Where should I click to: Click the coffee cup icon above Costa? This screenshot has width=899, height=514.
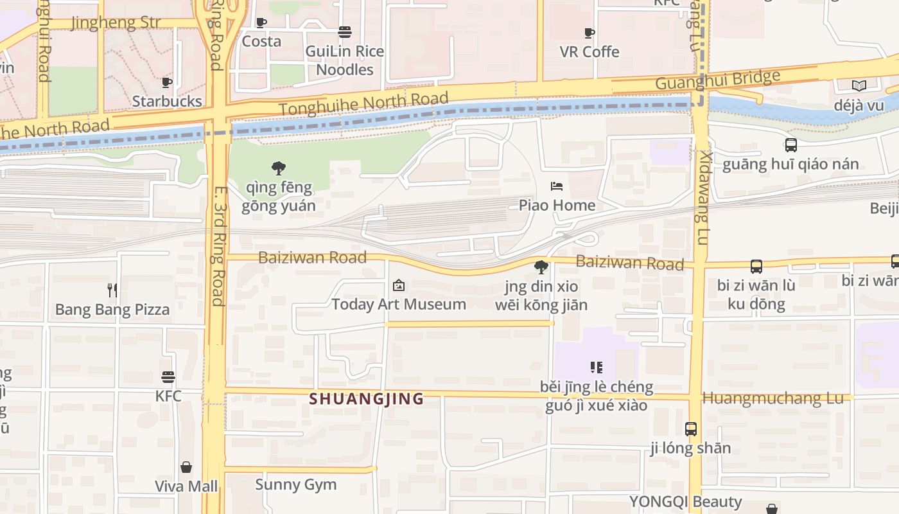point(261,23)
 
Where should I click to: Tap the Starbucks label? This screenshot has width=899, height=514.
point(167,101)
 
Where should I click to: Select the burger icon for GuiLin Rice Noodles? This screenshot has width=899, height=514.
point(345,32)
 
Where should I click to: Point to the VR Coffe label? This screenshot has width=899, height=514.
point(589,51)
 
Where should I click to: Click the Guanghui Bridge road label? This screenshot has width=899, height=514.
point(718,80)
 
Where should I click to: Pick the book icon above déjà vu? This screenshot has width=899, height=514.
point(859,85)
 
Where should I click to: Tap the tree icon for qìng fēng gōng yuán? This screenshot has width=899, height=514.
point(279,168)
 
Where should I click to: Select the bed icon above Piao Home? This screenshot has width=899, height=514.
point(557,186)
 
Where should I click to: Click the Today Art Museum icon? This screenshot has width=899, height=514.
point(399,285)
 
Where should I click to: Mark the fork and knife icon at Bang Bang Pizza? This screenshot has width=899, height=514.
point(112,290)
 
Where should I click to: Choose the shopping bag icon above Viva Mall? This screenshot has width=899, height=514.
point(186,467)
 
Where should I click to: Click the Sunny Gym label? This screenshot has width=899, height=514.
point(295,484)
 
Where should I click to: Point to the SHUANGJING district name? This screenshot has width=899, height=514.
point(366,399)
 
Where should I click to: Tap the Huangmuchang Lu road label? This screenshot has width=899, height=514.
point(773,398)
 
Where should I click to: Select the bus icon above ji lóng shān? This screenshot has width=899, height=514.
point(691,429)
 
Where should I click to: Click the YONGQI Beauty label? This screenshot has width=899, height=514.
point(685,502)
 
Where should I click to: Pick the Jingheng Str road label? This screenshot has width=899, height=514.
point(116,24)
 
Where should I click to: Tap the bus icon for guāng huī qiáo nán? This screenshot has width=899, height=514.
point(791,145)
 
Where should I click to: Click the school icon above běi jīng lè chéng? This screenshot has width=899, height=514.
point(597,368)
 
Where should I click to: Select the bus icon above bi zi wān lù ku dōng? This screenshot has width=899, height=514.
point(756,267)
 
